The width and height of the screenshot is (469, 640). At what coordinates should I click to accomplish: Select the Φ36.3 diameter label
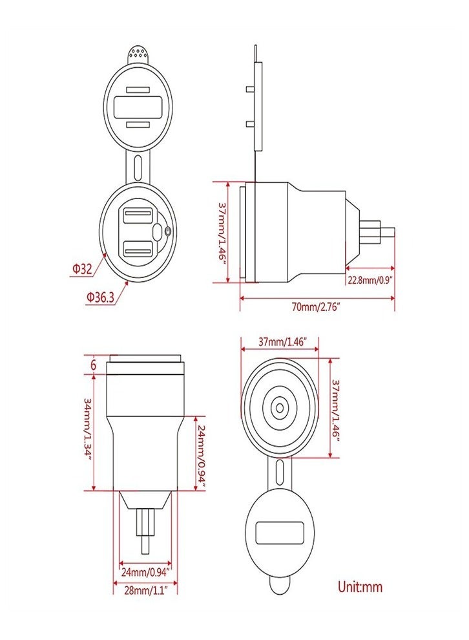pos(99,297)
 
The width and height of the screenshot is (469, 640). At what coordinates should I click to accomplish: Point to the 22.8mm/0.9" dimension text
pos(370,280)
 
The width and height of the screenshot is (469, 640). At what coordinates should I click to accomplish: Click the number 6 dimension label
pos(94,365)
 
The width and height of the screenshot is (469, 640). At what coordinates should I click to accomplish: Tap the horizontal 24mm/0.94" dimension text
pos(145,571)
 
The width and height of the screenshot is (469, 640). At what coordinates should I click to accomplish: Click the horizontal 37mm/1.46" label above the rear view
pos(280,341)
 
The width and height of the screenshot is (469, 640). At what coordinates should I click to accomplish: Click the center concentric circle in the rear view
pos(280,407)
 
